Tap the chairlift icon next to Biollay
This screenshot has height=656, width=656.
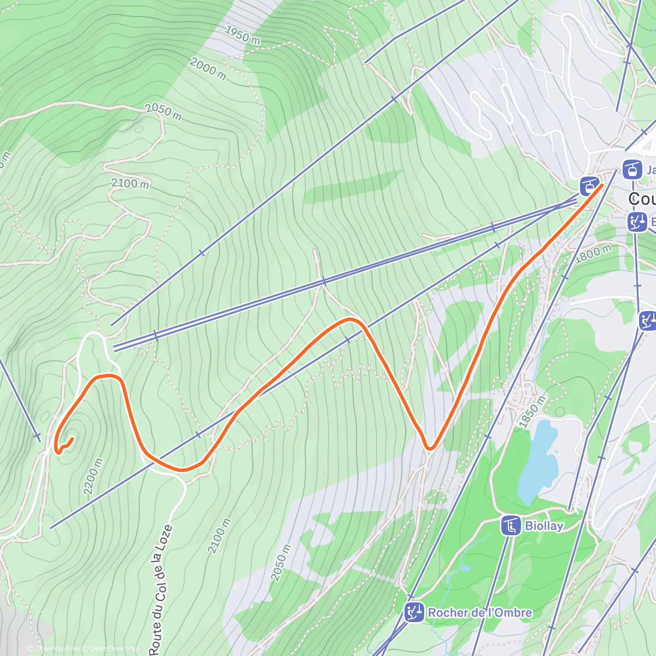click(x=510, y=526)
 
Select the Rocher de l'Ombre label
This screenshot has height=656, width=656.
click(x=479, y=612)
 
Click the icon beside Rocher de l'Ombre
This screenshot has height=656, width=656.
click(x=414, y=612)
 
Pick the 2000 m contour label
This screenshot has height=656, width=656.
click(x=207, y=69)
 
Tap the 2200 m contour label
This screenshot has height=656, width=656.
click(x=93, y=476)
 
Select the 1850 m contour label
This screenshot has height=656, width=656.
click(x=532, y=412)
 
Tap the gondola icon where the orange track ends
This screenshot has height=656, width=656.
click(x=589, y=186)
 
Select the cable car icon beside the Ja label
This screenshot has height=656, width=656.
click(x=632, y=169)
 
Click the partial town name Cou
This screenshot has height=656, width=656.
click(x=642, y=198)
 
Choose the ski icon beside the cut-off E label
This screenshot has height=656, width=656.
click(x=637, y=222)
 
